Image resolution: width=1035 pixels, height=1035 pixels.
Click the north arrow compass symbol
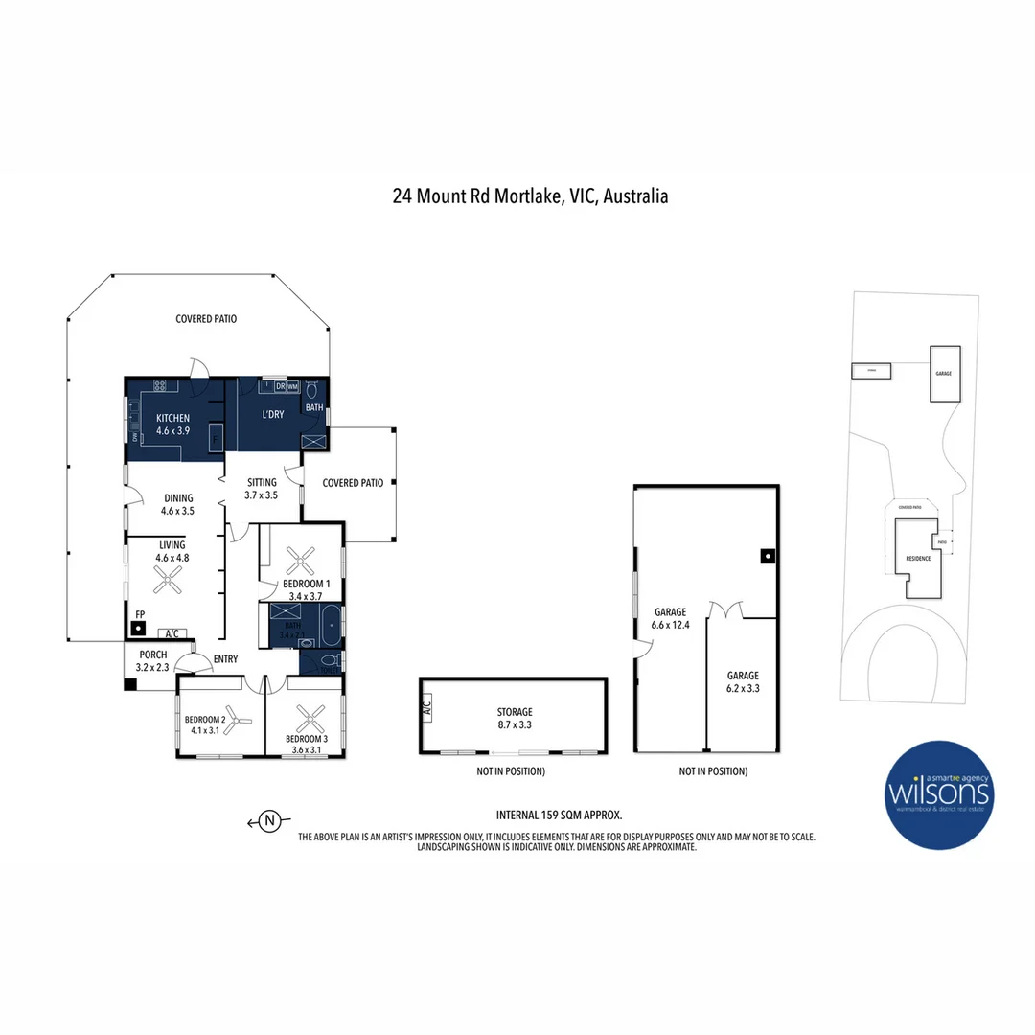point(270,820)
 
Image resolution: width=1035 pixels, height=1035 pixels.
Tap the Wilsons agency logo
point(939,794)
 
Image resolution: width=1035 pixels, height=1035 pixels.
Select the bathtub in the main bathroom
point(329,625)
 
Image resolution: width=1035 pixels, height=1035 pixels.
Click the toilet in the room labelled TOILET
point(330,661)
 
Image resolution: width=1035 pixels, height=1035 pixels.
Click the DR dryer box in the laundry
point(281,386)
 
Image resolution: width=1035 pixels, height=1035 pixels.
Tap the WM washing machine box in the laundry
point(293,386)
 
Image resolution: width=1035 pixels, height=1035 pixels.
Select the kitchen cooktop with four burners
point(159,386)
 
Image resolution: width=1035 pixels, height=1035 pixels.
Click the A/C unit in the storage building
point(425,709)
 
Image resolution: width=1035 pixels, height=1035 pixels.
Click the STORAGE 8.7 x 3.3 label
point(514,719)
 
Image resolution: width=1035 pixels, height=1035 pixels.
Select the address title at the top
point(530,196)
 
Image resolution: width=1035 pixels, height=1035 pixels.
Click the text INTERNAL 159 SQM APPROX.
point(559,816)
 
